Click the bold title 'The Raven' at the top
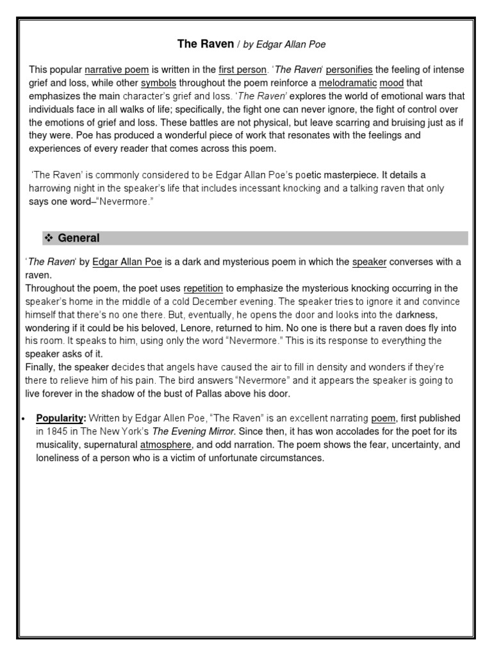(199, 44)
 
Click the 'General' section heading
(79, 238)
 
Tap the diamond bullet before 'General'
(48, 238)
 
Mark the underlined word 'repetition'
(203, 288)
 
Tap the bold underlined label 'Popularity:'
(61, 418)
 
